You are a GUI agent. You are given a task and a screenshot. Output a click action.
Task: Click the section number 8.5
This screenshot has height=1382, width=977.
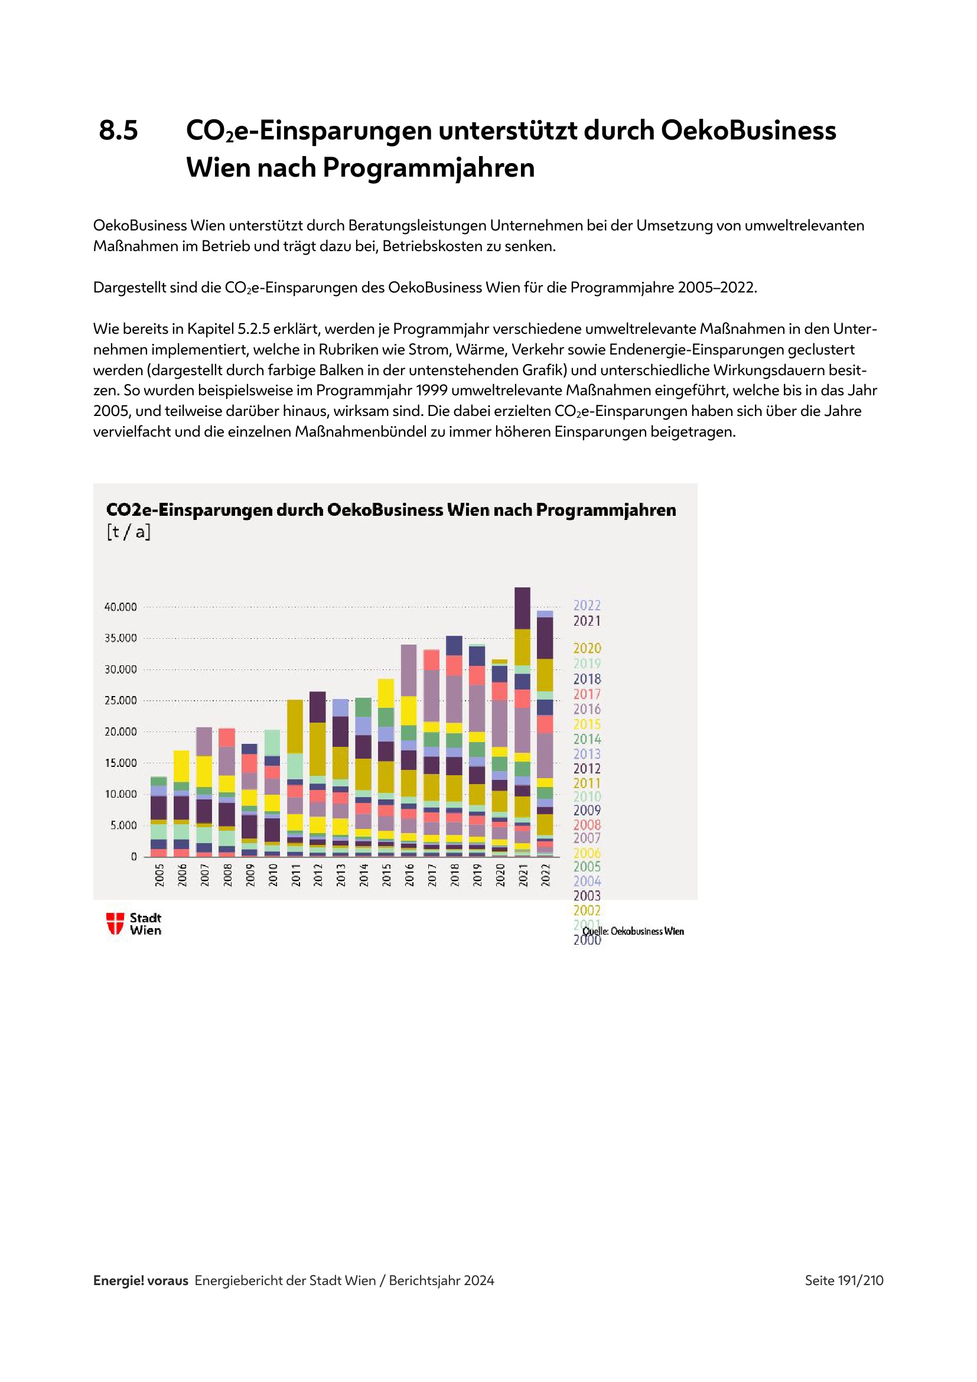pos(119,131)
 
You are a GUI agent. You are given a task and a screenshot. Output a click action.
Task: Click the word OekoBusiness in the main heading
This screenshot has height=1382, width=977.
pos(748,131)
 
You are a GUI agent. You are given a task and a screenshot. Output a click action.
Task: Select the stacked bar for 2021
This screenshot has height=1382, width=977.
pos(522,721)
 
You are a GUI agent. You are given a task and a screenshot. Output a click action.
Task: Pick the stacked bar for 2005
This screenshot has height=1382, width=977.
pos(159,817)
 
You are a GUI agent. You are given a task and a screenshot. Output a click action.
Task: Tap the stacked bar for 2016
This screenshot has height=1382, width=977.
pos(409,750)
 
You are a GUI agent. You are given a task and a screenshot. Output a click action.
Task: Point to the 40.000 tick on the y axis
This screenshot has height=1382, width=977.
pos(121,607)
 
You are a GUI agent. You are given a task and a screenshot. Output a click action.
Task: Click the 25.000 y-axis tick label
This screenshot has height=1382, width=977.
pos(121,701)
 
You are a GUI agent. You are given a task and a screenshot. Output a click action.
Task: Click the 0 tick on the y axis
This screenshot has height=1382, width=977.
pos(133,857)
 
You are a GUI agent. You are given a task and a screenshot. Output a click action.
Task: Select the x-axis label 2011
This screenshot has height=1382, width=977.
pos(295,875)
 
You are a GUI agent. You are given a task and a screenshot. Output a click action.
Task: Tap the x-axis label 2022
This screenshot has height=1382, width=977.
pos(545,875)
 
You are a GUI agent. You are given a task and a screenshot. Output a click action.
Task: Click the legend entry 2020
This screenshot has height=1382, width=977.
pos(587,648)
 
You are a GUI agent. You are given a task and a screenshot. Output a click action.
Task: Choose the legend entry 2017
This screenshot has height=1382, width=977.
pos(587,694)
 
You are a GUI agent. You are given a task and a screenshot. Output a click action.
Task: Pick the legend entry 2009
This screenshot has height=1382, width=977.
pos(587,810)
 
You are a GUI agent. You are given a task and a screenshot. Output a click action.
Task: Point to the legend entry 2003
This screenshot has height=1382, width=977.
pos(587,896)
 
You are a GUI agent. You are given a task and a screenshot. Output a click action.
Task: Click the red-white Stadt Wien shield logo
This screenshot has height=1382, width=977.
pos(115,923)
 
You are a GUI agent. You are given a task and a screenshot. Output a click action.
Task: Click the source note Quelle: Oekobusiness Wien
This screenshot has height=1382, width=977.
pos(633,931)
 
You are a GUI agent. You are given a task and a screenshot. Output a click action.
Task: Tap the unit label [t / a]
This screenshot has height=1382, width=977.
pos(128,532)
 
